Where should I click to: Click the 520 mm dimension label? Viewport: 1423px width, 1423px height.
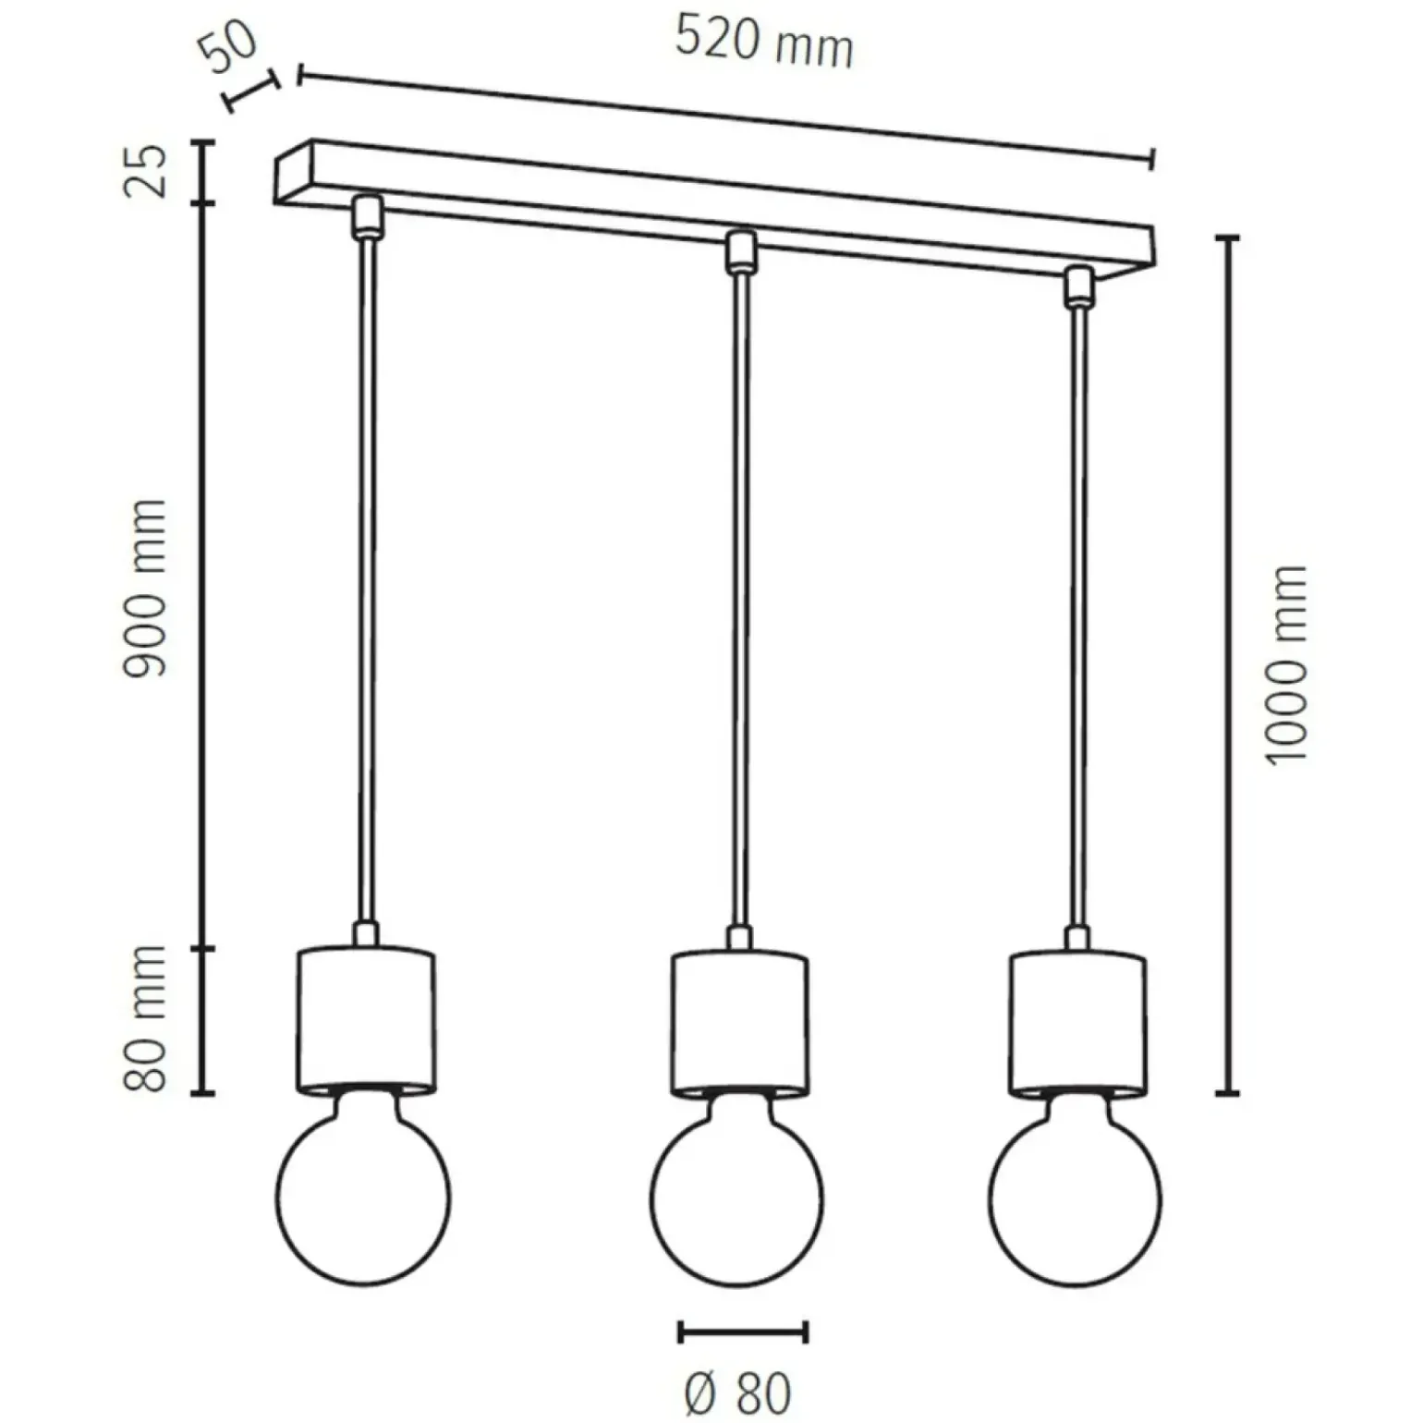(x=763, y=43)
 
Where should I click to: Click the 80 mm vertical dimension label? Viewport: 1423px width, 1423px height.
(x=146, y=1018)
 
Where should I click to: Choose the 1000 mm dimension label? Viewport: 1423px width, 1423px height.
(x=1286, y=663)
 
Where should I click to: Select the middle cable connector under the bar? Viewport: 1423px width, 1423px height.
(x=739, y=251)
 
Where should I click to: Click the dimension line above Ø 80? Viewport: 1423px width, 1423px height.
(x=743, y=1332)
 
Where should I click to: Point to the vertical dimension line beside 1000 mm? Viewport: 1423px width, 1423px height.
(x=1227, y=665)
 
